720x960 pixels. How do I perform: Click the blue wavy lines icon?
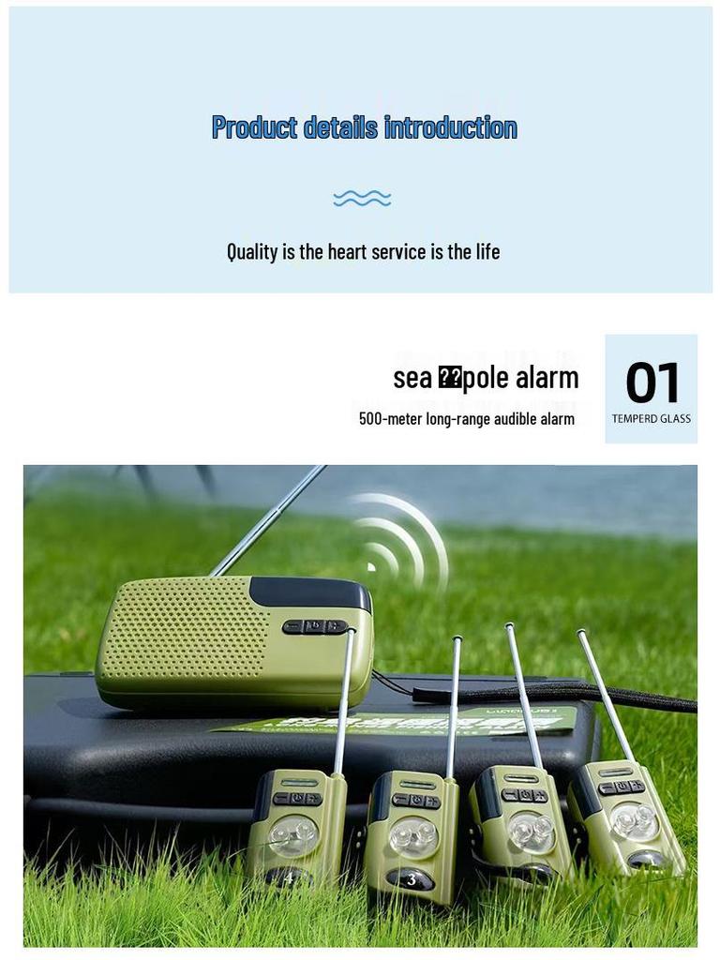(x=362, y=198)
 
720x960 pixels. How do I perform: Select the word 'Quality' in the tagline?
(x=252, y=251)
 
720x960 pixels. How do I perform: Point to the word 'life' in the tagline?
(x=487, y=251)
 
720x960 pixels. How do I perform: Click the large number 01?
(x=652, y=383)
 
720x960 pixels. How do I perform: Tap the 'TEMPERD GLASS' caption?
(x=652, y=419)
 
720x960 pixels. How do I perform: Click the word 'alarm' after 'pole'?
(x=547, y=378)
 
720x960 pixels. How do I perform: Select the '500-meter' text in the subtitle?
(x=390, y=419)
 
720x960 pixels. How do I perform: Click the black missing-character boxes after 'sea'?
(x=450, y=378)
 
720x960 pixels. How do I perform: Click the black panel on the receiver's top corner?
(x=309, y=592)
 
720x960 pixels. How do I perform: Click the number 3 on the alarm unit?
(x=411, y=880)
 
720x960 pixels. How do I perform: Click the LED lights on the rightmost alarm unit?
(x=635, y=822)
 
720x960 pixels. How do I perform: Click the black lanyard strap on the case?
(x=562, y=695)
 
